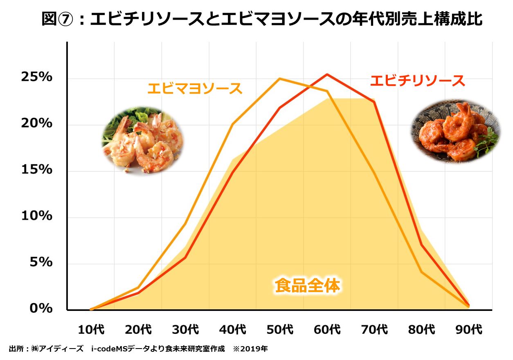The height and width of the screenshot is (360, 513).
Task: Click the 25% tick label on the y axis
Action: pos(37,77)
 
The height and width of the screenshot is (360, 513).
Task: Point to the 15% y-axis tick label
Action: pos(37,169)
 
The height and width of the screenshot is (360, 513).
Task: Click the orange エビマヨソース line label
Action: pos(195,88)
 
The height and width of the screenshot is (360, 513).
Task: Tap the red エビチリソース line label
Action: pos(417,81)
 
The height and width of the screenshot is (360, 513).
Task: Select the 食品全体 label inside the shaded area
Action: pos(307,286)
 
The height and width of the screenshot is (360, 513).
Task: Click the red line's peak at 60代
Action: pos(327,74)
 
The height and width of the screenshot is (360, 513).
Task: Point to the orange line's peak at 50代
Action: pos(279,79)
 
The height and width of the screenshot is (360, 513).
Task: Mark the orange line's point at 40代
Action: pos(232,124)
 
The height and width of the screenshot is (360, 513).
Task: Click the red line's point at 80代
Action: pos(421,245)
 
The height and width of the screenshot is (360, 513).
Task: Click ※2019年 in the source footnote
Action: pos(250,349)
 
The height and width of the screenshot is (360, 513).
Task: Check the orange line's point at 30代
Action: pos(185,223)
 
